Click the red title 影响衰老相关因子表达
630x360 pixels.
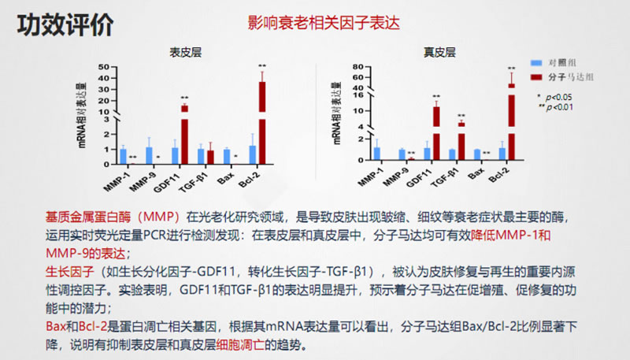tap(324, 23)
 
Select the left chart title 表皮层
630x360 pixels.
tap(185, 53)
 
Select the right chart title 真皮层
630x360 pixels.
tap(439, 53)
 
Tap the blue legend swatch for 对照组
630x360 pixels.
tap(536, 61)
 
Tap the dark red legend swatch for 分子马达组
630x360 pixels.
tap(536, 77)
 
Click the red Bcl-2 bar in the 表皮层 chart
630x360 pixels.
tap(261, 122)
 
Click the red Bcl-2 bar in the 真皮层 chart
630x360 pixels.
tap(511, 118)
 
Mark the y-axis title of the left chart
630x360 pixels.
tap(82, 116)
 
